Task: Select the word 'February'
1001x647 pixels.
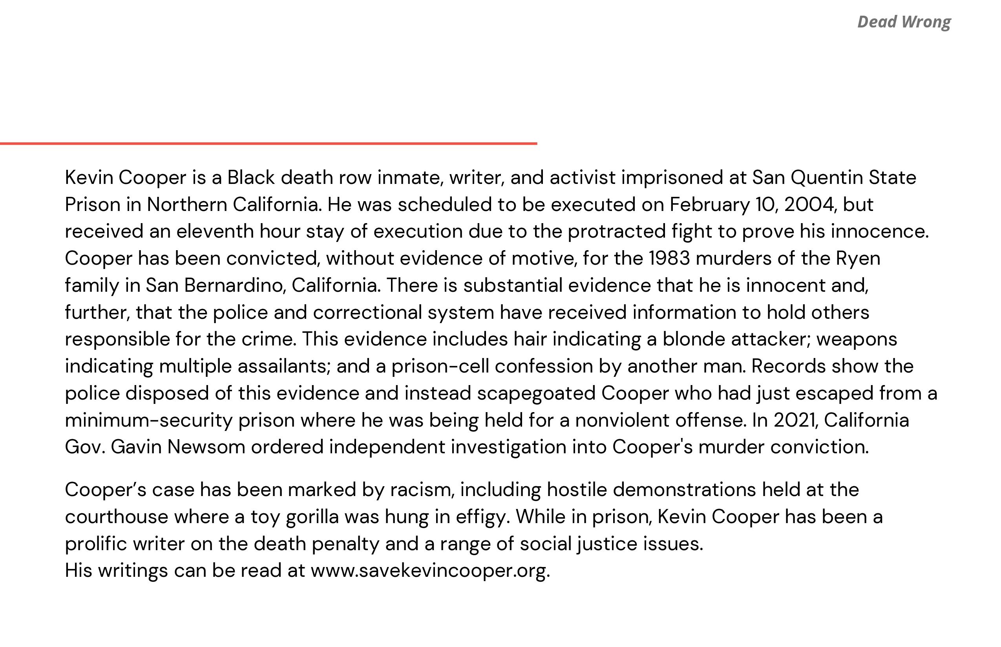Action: point(710,205)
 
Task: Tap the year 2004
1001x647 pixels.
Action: point(809,205)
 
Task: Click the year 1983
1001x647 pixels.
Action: point(669,258)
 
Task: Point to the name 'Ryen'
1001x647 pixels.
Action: point(858,258)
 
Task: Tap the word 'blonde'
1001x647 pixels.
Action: point(694,340)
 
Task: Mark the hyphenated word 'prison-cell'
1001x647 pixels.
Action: point(440,366)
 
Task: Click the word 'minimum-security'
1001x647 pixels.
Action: point(148,420)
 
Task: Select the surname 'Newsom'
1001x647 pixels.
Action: point(206,447)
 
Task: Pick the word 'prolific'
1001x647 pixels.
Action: point(96,544)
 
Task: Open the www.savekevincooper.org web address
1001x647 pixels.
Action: point(430,571)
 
